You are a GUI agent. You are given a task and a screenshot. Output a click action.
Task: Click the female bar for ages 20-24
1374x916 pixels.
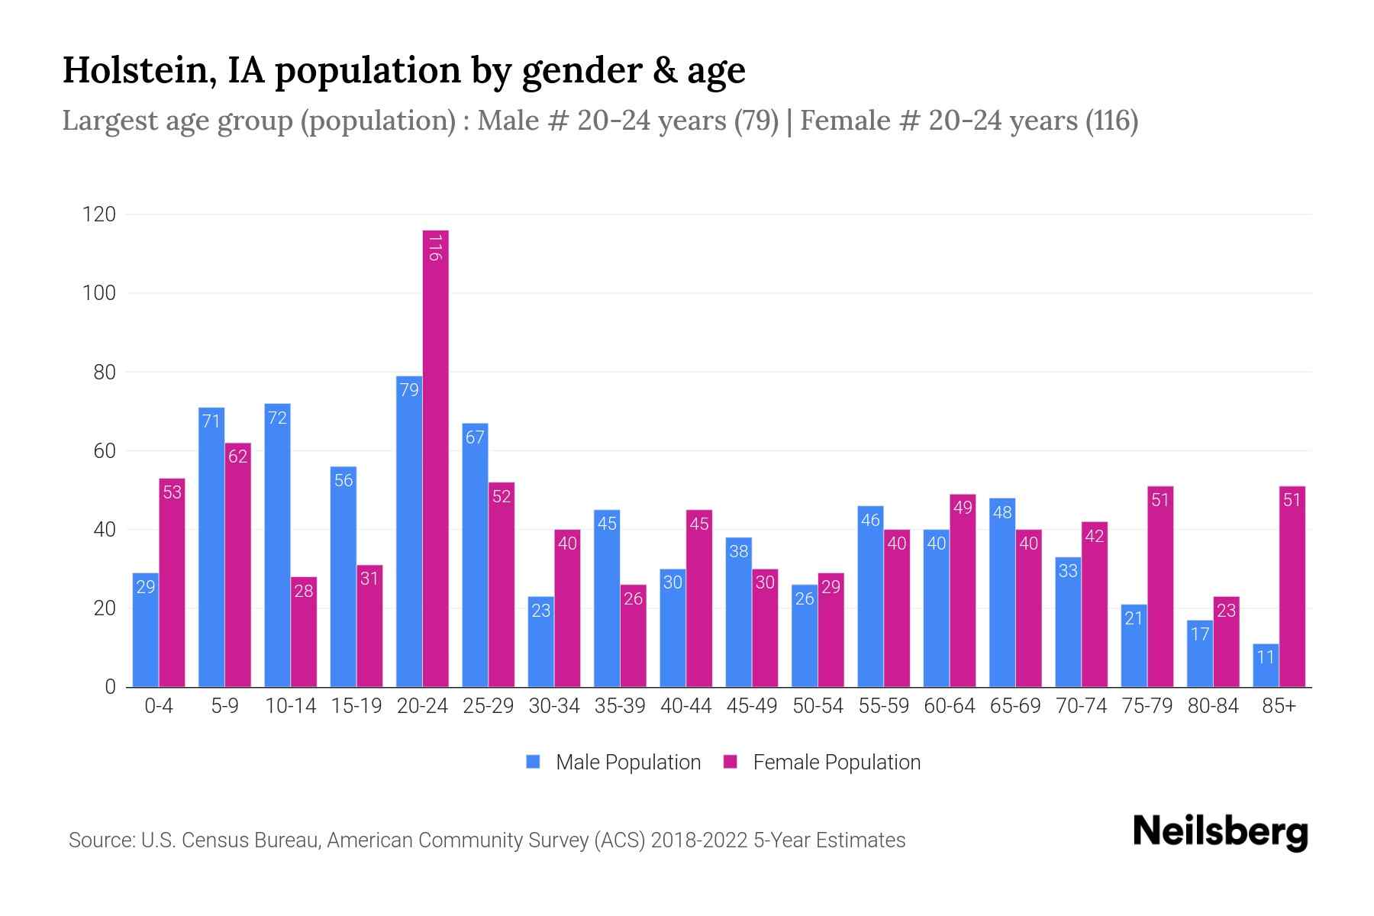point(435,458)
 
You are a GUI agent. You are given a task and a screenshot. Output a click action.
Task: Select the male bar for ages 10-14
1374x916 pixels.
point(277,546)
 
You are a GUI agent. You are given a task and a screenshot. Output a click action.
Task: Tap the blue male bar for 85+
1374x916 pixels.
point(1266,666)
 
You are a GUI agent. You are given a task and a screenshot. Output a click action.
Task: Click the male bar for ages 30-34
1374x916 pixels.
point(540,641)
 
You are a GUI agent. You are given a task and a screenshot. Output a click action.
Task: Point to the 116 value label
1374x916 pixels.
point(435,248)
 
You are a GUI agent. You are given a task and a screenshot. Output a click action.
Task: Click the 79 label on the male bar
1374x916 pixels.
point(409,390)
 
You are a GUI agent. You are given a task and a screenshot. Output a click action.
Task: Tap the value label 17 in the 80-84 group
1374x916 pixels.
point(1200,634)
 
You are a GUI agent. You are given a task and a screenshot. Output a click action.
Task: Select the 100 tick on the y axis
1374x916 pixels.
point(99,293)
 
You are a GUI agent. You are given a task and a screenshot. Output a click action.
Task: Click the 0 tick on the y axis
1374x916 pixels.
point(110,687)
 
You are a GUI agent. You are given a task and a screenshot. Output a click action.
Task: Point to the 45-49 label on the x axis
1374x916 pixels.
point(751,706)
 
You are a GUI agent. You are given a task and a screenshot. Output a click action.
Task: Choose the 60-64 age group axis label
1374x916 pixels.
point(949,706)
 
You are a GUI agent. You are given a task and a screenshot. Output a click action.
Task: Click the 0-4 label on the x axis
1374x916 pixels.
point(159,706)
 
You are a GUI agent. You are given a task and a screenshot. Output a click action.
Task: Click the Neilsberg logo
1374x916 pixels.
point(1220,832)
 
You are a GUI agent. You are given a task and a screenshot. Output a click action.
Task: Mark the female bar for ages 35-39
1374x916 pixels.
point(633,636)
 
